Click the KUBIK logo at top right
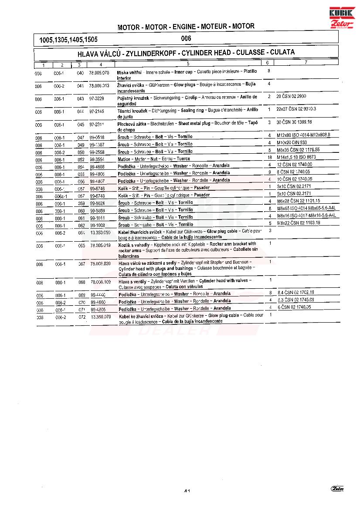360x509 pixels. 343,13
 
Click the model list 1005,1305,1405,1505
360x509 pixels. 68,40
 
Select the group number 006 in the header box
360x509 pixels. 186,38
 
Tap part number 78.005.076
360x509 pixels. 99,72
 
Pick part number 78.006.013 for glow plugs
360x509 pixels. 99,86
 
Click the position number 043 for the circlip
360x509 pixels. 80,99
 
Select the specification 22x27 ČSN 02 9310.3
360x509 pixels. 296,109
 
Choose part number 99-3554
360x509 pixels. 97,159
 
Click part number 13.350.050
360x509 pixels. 100,233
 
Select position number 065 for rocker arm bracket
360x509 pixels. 82,246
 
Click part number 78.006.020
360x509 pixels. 100,264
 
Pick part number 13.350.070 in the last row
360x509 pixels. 101,317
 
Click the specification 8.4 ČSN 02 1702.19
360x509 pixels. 296,293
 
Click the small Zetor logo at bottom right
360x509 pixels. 337,489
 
